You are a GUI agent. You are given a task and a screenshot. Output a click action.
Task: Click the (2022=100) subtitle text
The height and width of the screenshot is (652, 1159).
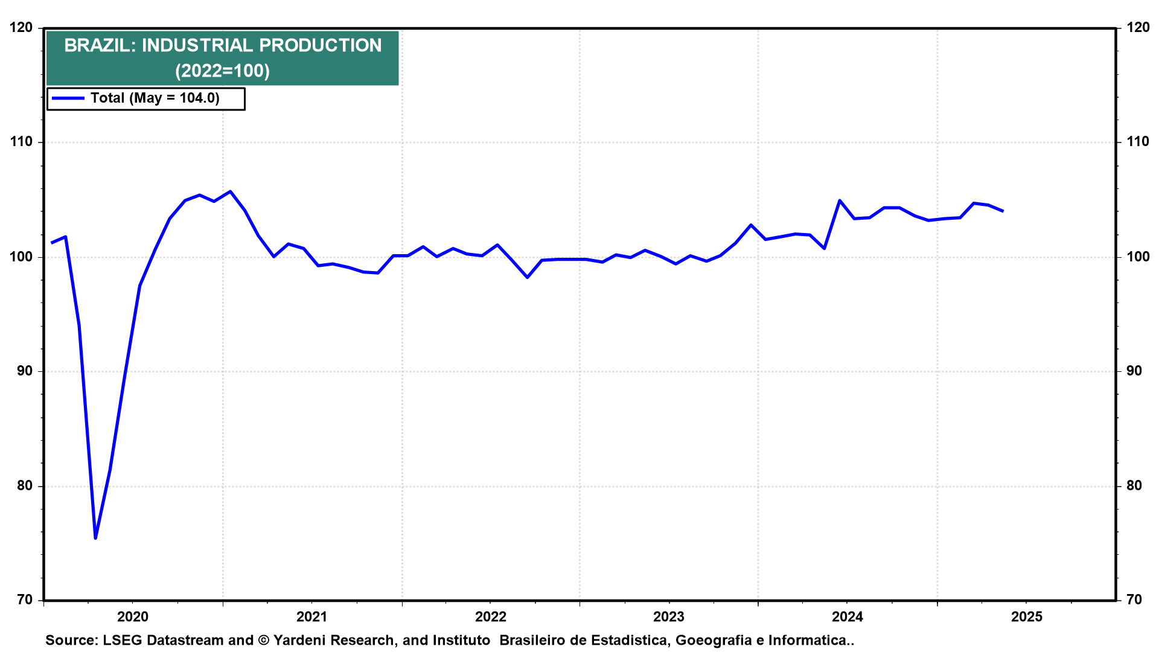point(222,71)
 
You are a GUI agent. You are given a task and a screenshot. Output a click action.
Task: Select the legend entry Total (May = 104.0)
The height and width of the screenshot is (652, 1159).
point(155,98)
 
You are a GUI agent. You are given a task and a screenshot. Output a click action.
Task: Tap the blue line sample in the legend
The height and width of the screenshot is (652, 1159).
point(68,98)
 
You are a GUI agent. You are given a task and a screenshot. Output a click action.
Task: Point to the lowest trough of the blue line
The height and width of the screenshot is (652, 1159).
point(95,538)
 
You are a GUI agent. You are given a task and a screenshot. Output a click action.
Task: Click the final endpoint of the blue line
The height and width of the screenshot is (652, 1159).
point(1003,211)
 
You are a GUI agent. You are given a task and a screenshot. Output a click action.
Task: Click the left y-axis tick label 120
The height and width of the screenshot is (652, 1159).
point(21,28)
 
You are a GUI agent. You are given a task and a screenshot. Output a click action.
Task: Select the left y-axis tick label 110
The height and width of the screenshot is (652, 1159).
point(21,142)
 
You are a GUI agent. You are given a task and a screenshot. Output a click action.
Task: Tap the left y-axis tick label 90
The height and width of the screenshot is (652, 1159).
point(25,371)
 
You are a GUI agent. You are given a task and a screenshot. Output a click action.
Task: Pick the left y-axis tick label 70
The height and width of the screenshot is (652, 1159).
point(25,599)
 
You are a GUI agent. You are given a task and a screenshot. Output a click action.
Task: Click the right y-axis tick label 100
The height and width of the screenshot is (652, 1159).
point(1138,257)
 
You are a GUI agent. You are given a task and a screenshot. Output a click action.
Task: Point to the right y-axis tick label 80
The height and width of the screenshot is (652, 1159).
point(1134,485)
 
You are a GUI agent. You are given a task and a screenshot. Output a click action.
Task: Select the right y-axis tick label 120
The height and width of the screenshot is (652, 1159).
point(1138,28)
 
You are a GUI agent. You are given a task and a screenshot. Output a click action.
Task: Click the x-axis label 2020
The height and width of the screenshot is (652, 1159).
point(133,616)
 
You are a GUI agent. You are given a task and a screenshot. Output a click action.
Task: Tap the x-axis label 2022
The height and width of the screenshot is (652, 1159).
point(491,616)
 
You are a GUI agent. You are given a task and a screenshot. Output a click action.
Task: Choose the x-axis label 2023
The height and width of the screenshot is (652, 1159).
point(669,616)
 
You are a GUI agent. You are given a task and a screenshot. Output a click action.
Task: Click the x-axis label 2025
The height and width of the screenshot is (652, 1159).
point(1027,616)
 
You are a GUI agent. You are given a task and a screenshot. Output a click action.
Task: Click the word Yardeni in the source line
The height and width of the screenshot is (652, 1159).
point(301,641)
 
